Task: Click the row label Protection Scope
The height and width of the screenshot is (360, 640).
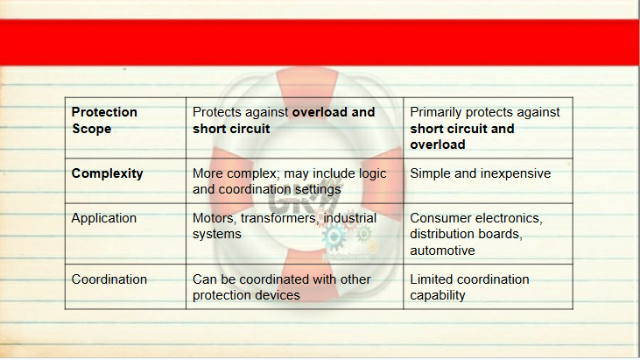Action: pos(104,120)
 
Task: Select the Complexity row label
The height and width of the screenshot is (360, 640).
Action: pos(108,173)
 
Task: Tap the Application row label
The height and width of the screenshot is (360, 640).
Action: pos(103,218)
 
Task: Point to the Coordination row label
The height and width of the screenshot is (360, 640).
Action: pos(109,279)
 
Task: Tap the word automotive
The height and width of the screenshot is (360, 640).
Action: pos(442,251)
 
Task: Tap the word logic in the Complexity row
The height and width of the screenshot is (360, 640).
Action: pos(372,174)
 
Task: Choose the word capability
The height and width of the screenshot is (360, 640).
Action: pos(438,295)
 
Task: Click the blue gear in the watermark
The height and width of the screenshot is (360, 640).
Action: pos(334,236)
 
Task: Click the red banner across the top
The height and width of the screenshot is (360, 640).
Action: pos(320,42)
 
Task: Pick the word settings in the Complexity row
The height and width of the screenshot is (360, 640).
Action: pos(318,190)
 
